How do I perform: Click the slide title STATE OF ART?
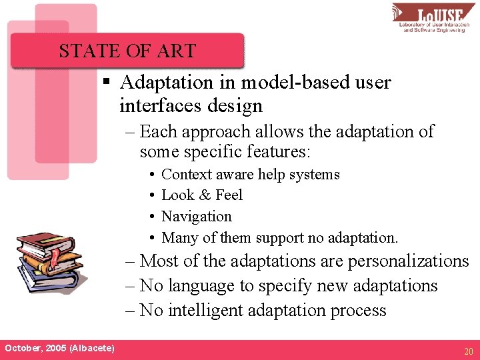coord(127,51)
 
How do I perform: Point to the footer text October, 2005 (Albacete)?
coord(59,349)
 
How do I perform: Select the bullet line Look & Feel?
coord(201,195)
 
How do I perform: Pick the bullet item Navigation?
coord(197,217)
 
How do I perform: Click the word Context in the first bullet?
coord(183,175)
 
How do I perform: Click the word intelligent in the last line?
coord(205,311)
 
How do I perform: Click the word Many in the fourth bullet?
coord(177,238)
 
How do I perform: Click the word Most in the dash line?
coord(159,261)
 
